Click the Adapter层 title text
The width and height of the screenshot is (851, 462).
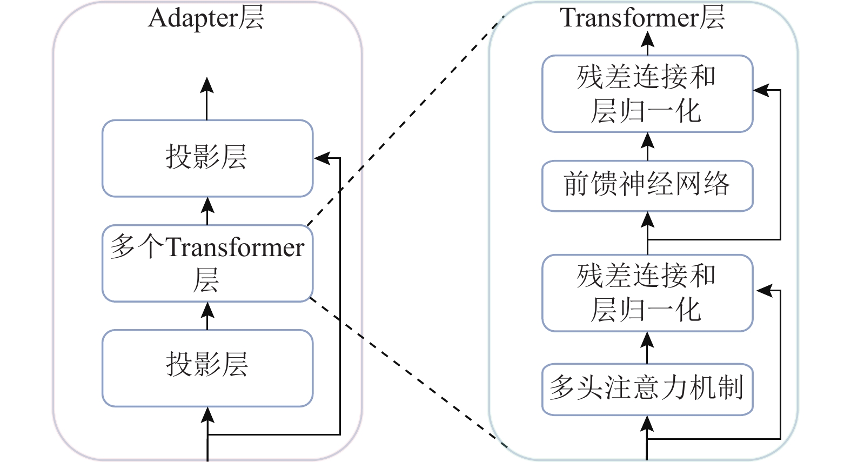[206, 18]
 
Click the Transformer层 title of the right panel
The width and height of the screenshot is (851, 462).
[642, 18]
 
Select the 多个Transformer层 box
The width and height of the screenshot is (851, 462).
[207, 263]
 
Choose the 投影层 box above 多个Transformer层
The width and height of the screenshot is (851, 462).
[207, 158]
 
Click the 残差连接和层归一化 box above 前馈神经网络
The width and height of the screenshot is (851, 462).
[647, 93]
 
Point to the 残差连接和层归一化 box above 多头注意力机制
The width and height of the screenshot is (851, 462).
[647, 293]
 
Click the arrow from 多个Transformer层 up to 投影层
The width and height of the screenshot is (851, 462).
[207, 211]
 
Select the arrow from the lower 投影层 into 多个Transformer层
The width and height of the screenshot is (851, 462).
[207, 316]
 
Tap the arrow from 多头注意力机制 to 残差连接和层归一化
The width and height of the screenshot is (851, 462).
[647, 347]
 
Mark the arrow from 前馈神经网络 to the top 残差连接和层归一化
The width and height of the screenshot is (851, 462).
[647, 146]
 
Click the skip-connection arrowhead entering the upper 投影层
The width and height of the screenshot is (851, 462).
[322, 158]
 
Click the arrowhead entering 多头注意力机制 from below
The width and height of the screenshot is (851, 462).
[647, 424]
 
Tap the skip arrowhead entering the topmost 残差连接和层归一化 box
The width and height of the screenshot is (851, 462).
[761, 90]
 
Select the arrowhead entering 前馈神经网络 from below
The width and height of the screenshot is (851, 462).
[647, 219]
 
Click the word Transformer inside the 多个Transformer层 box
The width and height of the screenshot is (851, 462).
[234, 248]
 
